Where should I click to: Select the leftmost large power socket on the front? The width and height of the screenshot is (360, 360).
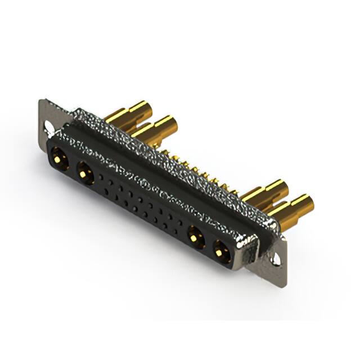[x=58, y=157]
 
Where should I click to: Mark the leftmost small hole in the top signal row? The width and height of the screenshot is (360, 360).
[x=102, y=177]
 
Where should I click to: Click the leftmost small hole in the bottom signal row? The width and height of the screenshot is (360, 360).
[x=106, y=188]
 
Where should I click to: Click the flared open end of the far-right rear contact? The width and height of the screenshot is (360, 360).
[x=307, y=200]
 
